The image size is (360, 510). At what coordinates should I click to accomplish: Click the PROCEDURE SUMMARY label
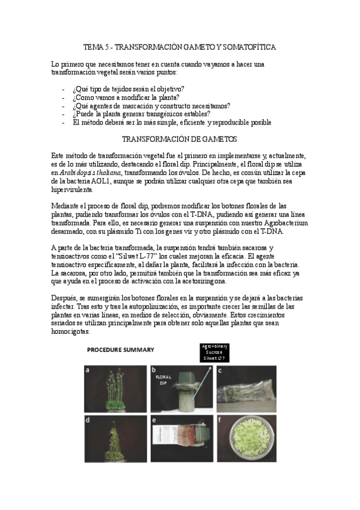(x=120, y=349)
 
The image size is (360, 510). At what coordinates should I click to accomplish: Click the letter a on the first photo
(x=88, y=371)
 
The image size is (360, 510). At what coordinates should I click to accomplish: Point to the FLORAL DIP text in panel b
(x=165, y=381)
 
